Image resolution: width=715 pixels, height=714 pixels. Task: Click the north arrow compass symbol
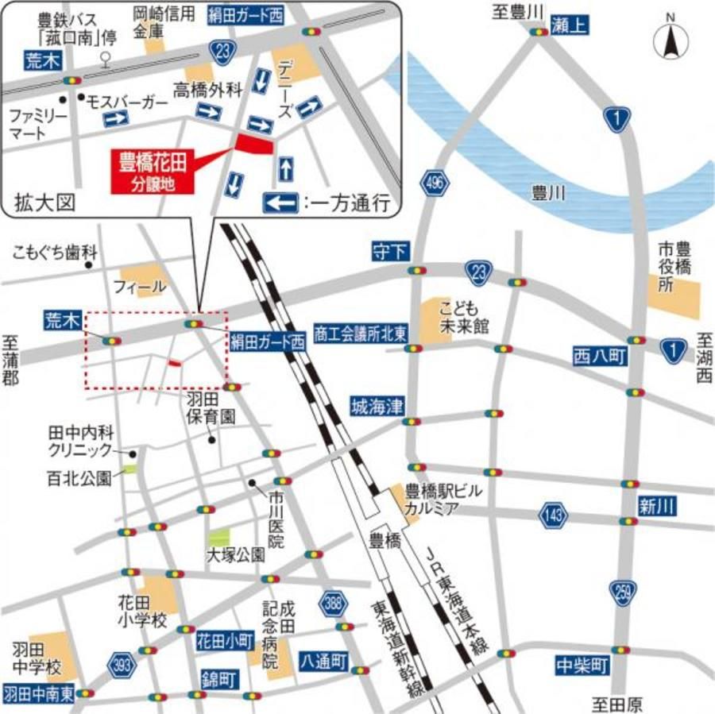coord(671,43)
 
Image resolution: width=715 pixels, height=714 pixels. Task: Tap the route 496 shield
coord(434,183)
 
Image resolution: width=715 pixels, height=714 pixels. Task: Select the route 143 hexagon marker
coord(555,515)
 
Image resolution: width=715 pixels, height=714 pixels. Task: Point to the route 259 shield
coord(622,591)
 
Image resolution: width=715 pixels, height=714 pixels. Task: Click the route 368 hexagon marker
coord(334,603)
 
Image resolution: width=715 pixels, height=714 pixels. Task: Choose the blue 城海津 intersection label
coord(377,407)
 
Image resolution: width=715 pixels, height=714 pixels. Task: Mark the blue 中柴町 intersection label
coord(582,665)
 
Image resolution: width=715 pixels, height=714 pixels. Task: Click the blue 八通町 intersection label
coord(324,660)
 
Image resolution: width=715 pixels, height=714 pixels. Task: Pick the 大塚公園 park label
coord(235,556)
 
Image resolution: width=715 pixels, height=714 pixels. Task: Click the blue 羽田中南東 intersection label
coord(38,693)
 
